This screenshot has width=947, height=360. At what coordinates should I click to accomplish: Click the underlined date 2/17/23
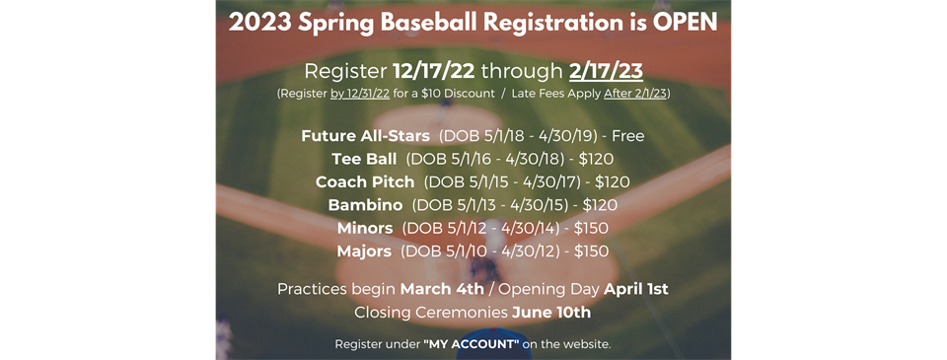pyautogui.click(x=606, y=71)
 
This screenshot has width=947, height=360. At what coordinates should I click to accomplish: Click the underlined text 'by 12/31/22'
pyautogui.click(x=360, y=95)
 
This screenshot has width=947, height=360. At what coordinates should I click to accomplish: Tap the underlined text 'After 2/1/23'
pyautogui.click(x=634, y=95)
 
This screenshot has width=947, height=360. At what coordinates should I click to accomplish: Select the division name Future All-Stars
pyautogui.click(x=365, y=136)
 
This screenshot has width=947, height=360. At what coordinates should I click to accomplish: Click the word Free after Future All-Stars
pyautogui.click(x=628, y=136)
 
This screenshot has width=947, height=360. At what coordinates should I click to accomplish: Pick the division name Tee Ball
pyautogui.click(x=364, y=159)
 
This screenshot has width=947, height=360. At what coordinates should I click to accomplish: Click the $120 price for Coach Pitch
pyautogui.click(x=613, y=181)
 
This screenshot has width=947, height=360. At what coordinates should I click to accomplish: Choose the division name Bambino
pyautogui.click(x=365, y=205)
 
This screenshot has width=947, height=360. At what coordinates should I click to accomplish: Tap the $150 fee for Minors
pyautogui.click(x=591, y=228)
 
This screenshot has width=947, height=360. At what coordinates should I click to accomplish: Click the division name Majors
pyautogui.click(x=364, y=251)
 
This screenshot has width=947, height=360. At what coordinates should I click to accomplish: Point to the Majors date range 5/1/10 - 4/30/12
pyautogui.click(x=481, y=251)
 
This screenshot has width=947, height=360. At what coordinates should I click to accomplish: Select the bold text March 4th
pyautogui.click(x=442, y=289)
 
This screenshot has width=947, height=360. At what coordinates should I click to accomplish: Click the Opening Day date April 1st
pyautogui.click(x=636, y=289)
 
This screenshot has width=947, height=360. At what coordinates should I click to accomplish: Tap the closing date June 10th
pyautogui.click(x=551, y=313)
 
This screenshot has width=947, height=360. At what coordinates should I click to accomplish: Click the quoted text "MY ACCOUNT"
pyautogui.click(x=472, y=345)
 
